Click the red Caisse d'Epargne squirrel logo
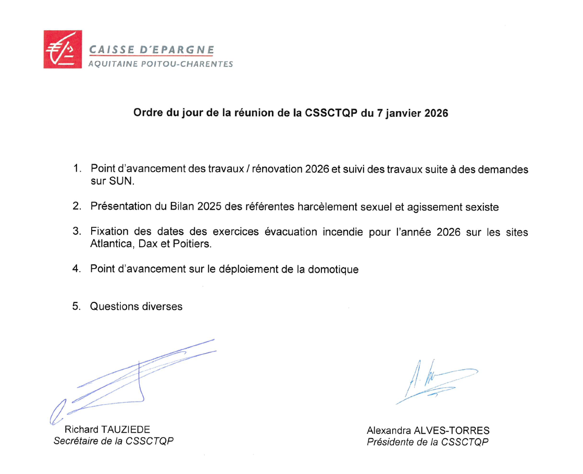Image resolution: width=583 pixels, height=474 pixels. click(62, 50)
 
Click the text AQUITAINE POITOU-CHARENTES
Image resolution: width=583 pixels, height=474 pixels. click(160, 64)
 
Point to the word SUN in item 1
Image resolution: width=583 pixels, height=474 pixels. click(127, 181)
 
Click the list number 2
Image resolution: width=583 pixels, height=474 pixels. click(76, 206)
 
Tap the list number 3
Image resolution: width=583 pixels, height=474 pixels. click(76, 232)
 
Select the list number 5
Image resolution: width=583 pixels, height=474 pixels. click(76, 307)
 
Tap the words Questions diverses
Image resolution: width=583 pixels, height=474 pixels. click(137, 307)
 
